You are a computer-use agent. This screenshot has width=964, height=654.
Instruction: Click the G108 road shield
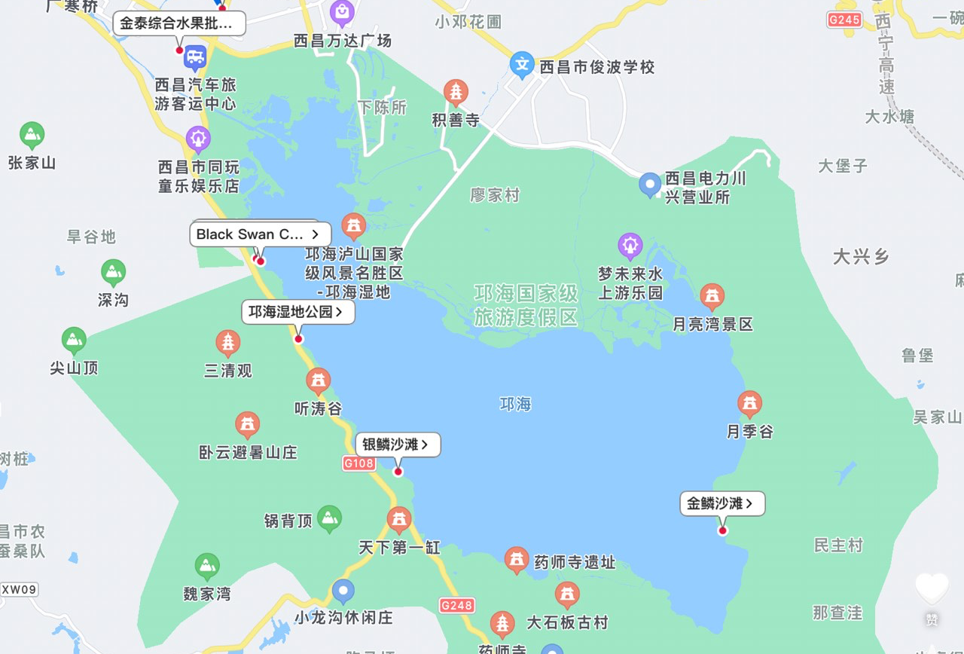358,463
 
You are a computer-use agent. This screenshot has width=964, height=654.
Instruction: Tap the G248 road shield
457,605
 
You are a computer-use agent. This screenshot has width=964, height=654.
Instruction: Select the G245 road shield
843,20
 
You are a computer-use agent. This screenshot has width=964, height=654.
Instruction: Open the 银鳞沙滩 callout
397,445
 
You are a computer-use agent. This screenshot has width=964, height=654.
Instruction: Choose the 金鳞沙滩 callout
722,503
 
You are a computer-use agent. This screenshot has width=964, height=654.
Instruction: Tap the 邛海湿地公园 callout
297,312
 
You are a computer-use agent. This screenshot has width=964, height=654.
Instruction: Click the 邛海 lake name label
515,405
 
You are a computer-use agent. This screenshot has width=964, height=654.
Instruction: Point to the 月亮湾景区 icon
712,297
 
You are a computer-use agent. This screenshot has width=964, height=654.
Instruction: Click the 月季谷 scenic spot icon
749,405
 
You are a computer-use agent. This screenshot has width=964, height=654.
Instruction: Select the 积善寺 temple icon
456,93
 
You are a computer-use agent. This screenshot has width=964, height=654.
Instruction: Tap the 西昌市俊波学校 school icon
522,66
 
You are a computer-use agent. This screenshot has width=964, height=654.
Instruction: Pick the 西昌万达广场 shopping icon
342,12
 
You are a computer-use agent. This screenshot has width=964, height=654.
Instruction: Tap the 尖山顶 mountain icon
74,341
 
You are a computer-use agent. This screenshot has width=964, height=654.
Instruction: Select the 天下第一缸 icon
398,519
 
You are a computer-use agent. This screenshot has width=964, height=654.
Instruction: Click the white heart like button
932,587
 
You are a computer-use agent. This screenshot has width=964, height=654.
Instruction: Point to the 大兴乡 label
861,257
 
